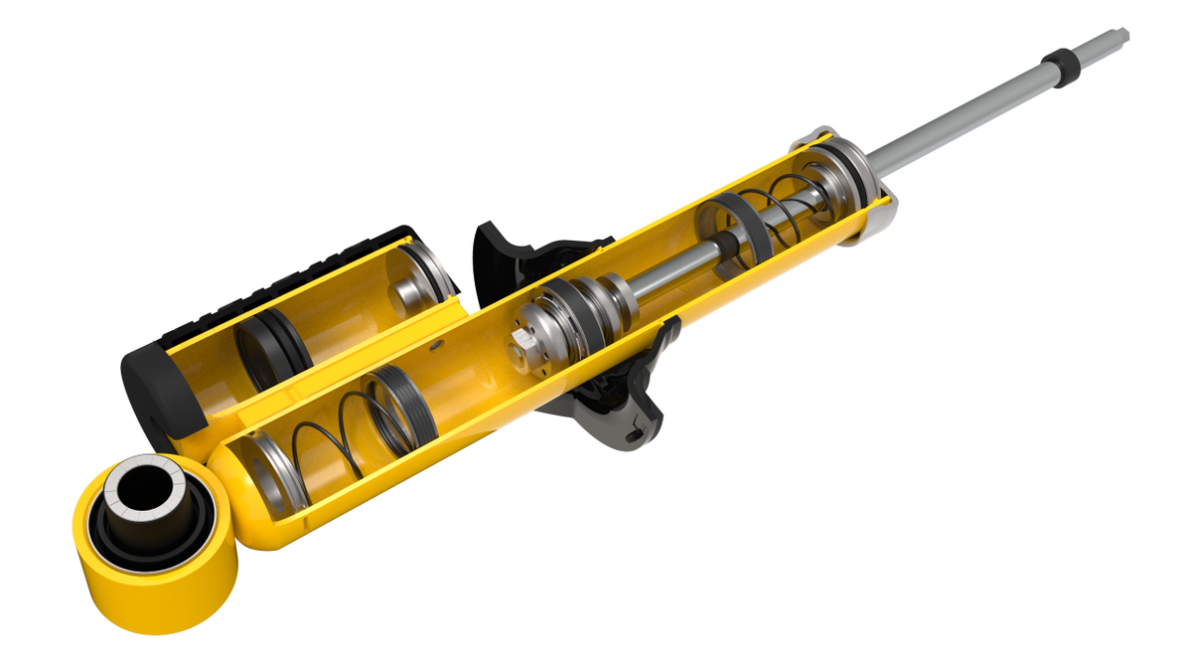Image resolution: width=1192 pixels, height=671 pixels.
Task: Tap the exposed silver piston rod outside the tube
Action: (954, 119)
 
